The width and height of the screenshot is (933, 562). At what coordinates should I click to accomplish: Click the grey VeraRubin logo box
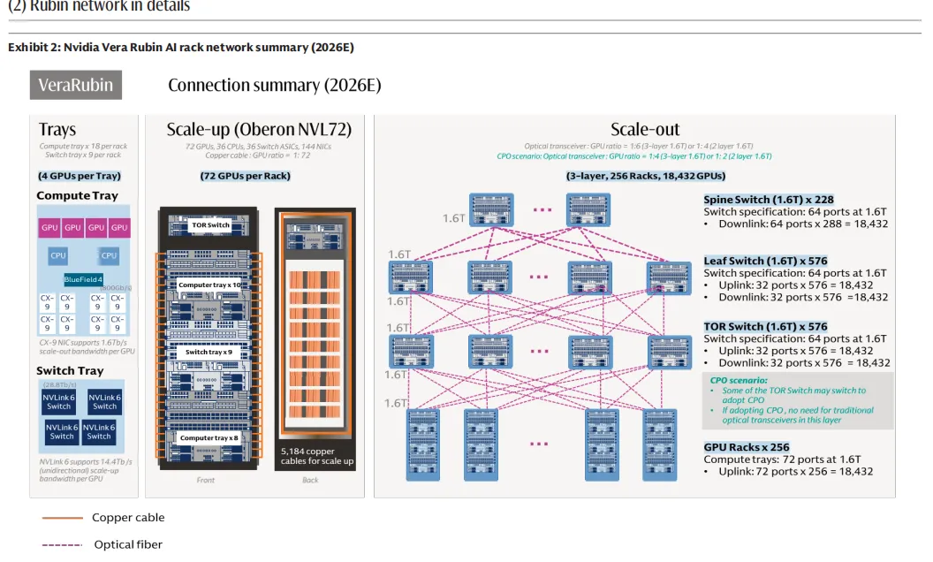point(76,86)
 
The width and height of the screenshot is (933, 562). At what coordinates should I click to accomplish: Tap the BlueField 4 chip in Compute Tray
point(89,280)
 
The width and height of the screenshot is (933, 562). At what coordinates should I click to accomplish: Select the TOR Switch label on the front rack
point(210,225)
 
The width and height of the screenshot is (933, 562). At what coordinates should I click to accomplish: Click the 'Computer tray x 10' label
point(209,285)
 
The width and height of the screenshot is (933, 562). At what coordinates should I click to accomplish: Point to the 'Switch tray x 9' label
point(209,352)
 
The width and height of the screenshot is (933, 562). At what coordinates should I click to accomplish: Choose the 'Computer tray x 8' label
point(209,437)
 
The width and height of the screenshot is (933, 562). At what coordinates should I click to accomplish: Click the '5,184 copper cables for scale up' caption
point(316,456)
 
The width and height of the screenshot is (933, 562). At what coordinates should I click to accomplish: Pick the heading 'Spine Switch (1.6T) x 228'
point(768,200)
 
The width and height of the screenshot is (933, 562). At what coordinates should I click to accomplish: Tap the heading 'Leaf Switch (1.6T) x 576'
point(765,262)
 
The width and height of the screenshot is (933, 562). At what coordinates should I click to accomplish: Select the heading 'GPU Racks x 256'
point(746,447)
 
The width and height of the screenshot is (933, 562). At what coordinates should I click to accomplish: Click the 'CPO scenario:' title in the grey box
point(739,380)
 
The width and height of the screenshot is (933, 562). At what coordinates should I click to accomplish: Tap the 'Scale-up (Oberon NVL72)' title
point(259,130)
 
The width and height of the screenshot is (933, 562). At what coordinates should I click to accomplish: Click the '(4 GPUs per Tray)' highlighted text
point(80,176)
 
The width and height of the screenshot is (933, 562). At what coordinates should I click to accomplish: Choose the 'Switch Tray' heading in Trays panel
point(70,371)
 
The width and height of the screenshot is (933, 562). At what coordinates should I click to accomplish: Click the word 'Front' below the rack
point(205,481)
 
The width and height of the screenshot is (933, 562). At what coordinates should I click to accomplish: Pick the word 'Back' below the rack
point(309,481)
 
